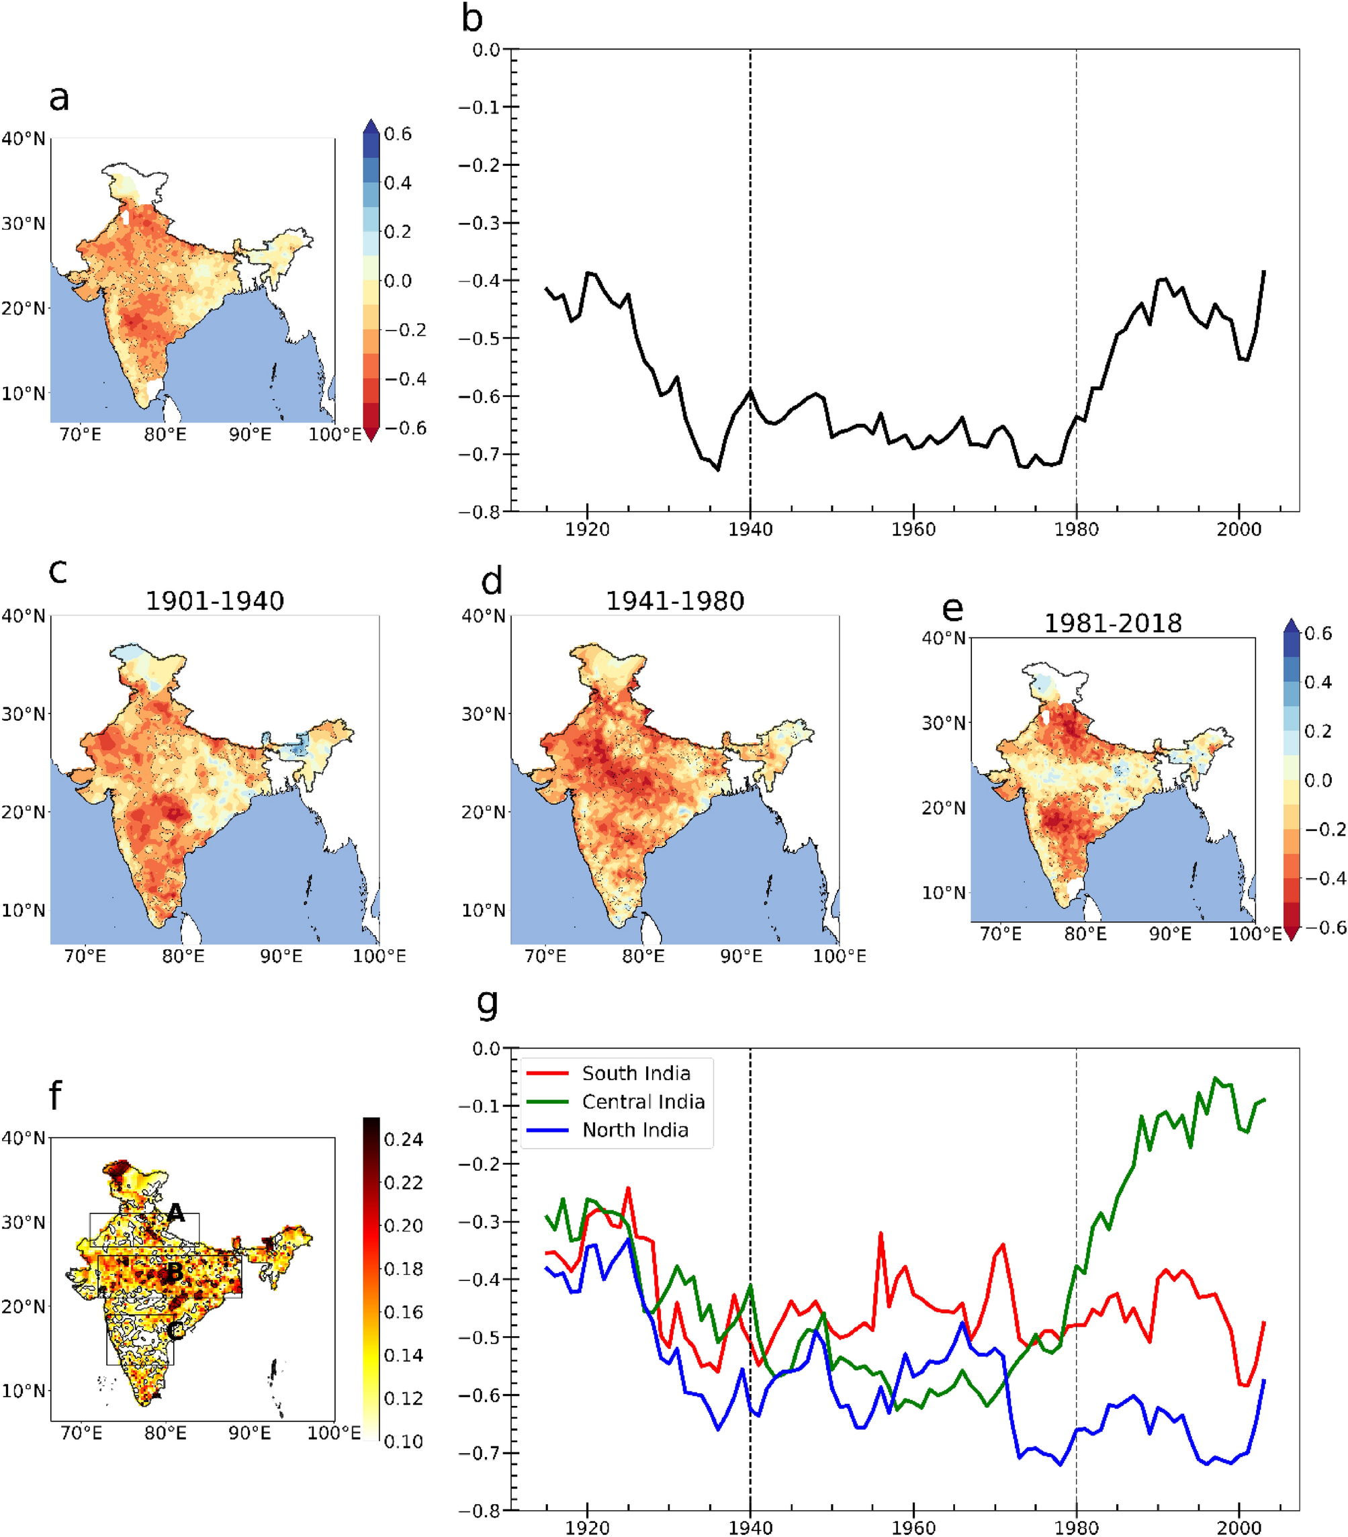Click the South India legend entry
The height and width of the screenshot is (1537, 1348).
[x=635, y=1073]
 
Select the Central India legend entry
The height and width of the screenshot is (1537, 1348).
[x=643, y=1102]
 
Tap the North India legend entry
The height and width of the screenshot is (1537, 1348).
[x=635, y=1130]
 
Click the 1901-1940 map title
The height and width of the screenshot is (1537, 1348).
[x=215, y=601]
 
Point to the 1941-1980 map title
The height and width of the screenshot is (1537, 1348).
[x=675, y=601]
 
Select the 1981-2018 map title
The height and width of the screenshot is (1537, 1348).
[x=1113, y=623]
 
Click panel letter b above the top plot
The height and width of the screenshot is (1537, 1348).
[x=472, y=19]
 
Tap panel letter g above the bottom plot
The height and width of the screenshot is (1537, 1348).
[x=487, y=1003]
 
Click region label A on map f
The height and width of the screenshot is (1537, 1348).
[x=175, y=1212]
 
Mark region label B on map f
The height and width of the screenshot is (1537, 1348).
[x=174, y=1272]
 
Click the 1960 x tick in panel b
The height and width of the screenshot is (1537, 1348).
[x=913, y=529]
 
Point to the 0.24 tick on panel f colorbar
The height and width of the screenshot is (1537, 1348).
[x=404, y=1139]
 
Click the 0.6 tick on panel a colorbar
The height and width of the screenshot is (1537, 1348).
[x=398, y=134]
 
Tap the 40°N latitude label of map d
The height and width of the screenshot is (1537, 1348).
[x=484, y=616]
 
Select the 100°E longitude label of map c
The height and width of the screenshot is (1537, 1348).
[x=379, y=956]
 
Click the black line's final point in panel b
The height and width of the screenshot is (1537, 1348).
[x=1265, y=271]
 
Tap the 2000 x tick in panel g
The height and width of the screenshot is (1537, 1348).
[x=1239, y=1528]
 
